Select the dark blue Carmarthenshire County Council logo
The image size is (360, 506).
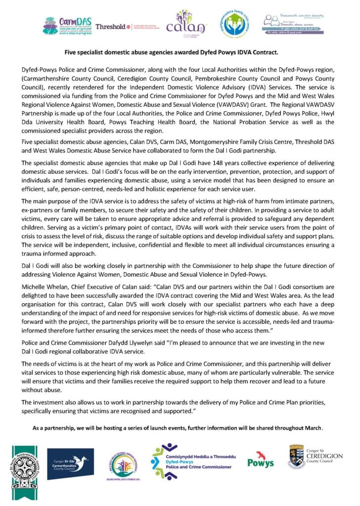click(x=70, y=464)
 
